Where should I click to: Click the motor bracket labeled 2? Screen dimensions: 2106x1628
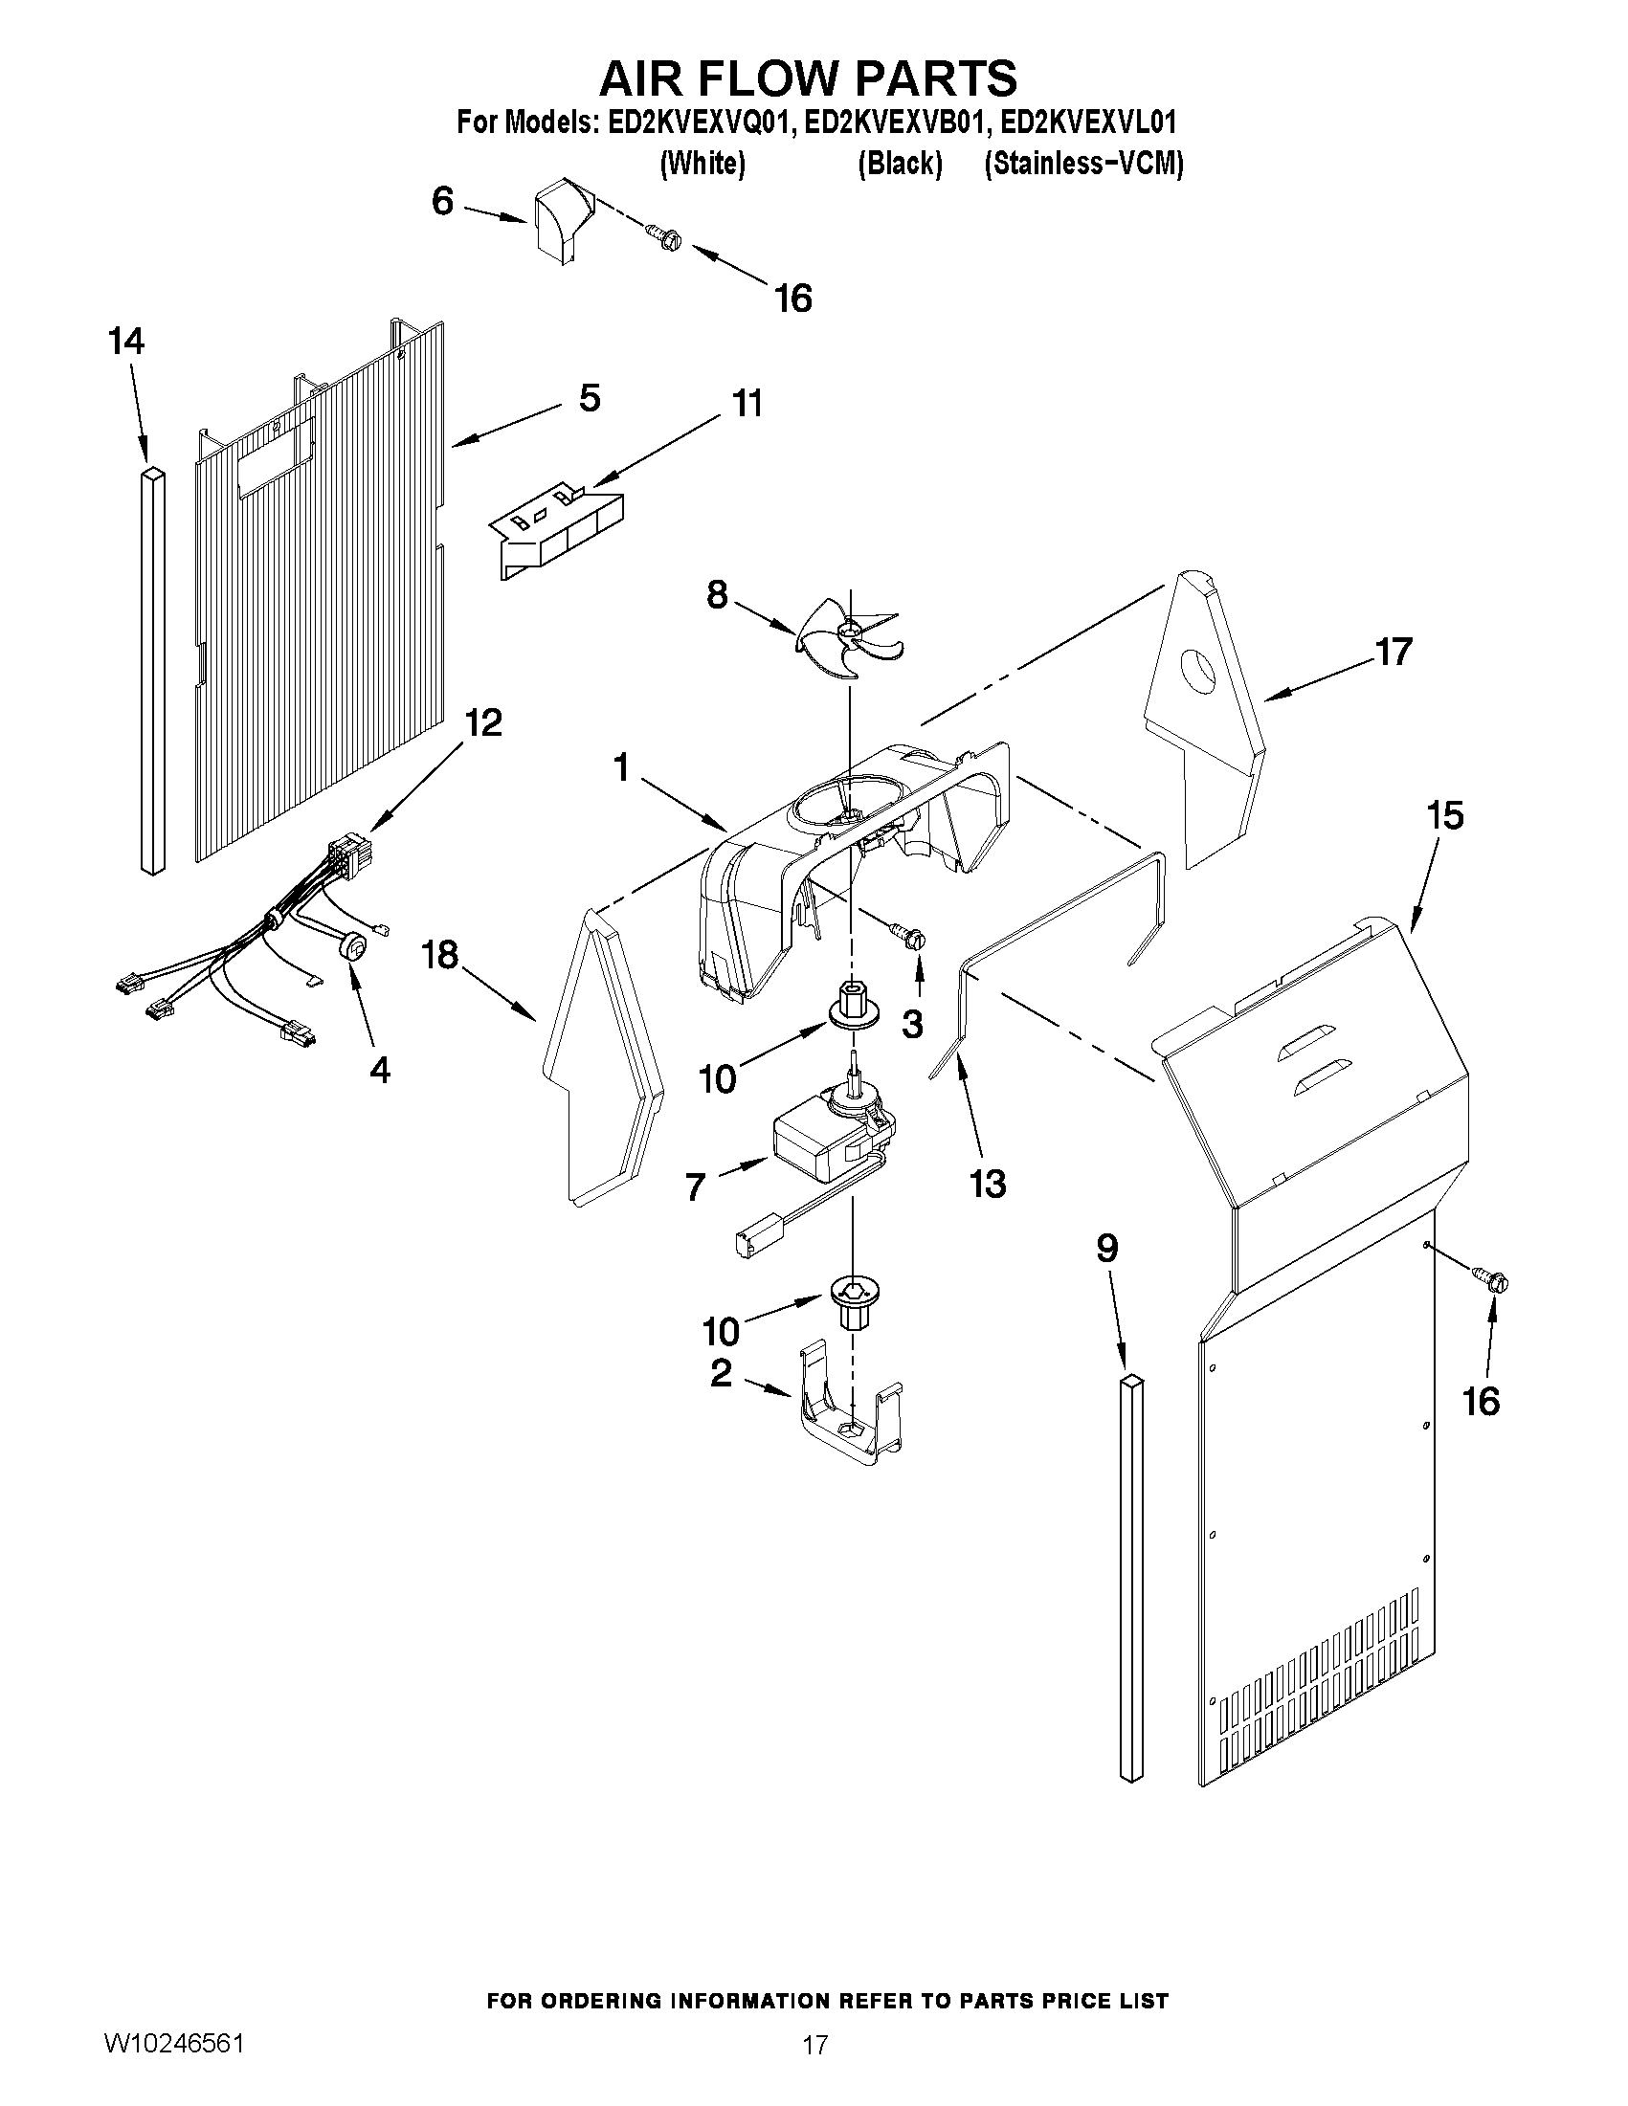850,1417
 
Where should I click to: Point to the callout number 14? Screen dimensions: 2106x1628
126,342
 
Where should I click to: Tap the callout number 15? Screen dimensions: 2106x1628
1445,816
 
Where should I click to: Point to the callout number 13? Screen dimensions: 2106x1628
988,1184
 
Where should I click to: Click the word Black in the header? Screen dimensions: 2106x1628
899,164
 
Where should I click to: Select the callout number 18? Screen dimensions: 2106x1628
440,956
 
